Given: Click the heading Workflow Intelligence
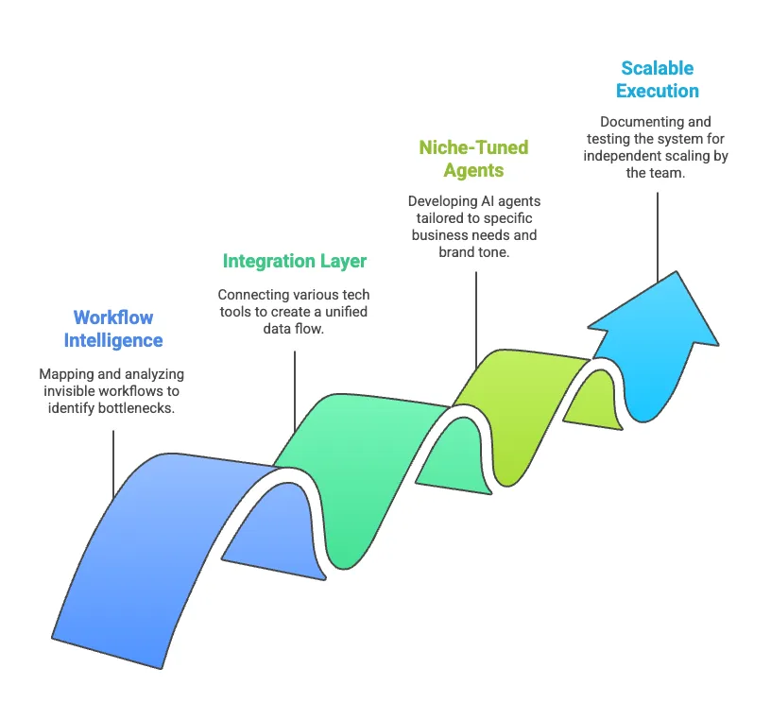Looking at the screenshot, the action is click(113, 329).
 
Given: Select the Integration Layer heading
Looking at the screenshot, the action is click(295, 261).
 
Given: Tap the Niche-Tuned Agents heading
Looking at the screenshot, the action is click(473, 159).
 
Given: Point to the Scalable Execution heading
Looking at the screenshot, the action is click(658, 79).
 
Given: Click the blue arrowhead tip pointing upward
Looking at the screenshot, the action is click(677, 271).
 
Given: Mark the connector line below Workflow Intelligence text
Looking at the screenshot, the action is click(113, 465).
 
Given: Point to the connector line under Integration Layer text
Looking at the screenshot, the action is click(295, 391).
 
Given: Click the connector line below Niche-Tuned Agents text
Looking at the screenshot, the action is click(476, 319).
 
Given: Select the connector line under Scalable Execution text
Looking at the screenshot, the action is click(658, 237).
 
